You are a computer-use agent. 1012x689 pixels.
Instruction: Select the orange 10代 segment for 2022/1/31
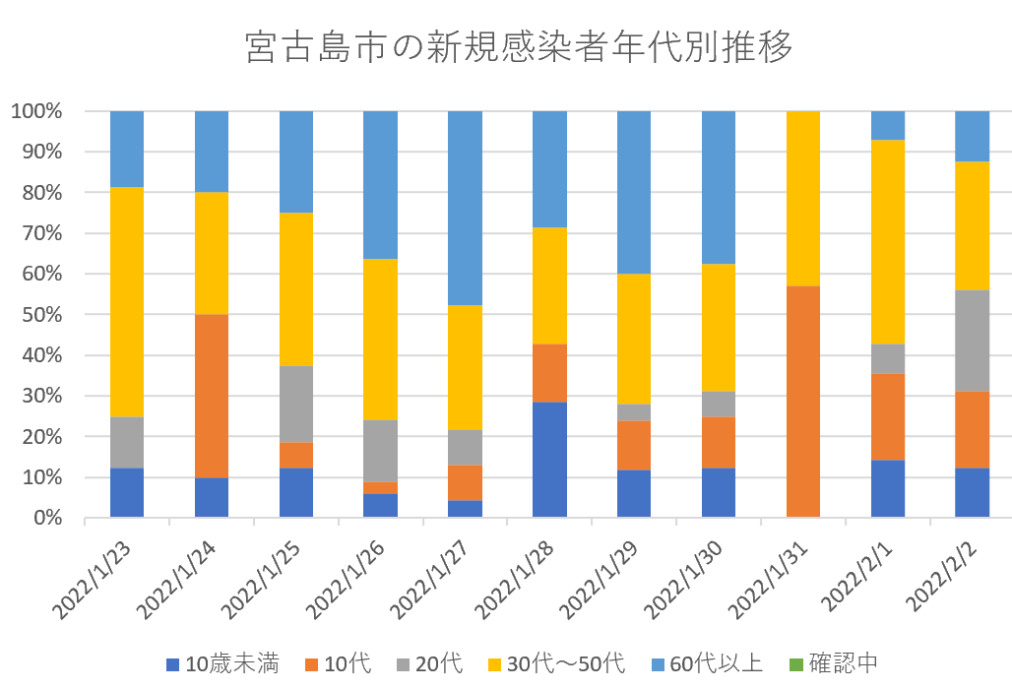click(x=803, y=402)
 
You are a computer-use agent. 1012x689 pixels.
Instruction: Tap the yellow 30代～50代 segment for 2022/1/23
click(x=127, y=302)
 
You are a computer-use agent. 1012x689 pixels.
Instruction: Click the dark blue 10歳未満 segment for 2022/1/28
click(x=549, y=460)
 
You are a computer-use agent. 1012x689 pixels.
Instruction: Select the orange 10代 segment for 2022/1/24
click(x=212, y=396)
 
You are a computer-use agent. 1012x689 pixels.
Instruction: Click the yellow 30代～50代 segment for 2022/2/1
click(x=888, y=242)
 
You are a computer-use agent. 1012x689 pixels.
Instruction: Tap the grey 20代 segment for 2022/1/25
click(x=296, y=405)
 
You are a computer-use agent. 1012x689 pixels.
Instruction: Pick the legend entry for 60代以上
click(x=704, y=663)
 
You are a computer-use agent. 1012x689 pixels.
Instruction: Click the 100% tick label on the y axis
click(x=36, y=111)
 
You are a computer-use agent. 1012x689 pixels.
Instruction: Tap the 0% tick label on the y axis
click(x=45, y=518)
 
